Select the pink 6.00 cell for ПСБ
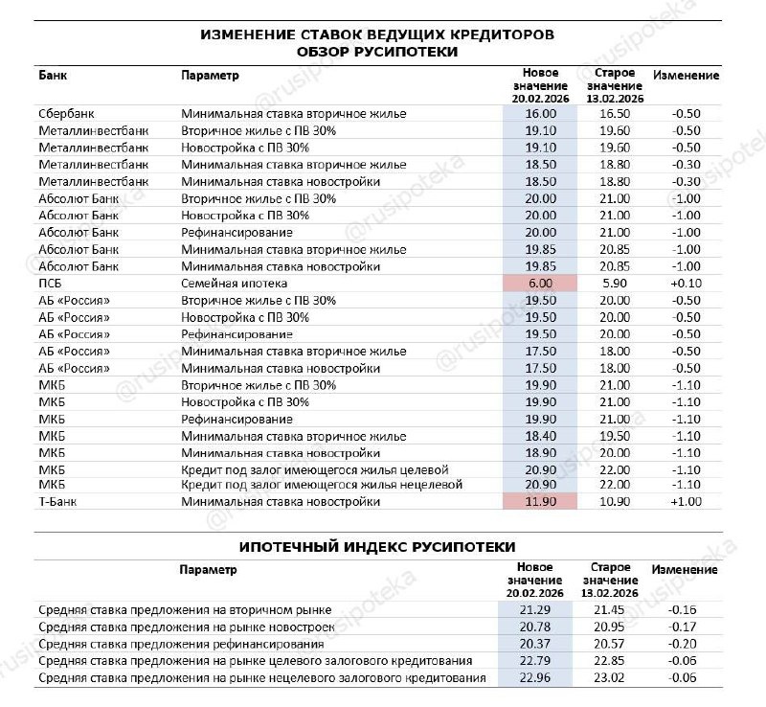pos(540,285)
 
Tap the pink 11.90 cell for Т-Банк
pos(540,501)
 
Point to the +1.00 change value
pos(686,501)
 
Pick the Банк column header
pos(53,75)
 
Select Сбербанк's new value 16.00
pos(540,113)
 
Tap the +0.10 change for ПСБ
pos(686,285)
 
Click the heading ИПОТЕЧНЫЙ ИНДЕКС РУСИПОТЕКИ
pos(376,546)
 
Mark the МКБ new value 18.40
pos(540,436)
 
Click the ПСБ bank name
pos(51,285)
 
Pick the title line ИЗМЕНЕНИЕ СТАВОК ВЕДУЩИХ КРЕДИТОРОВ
pos(376,34)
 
